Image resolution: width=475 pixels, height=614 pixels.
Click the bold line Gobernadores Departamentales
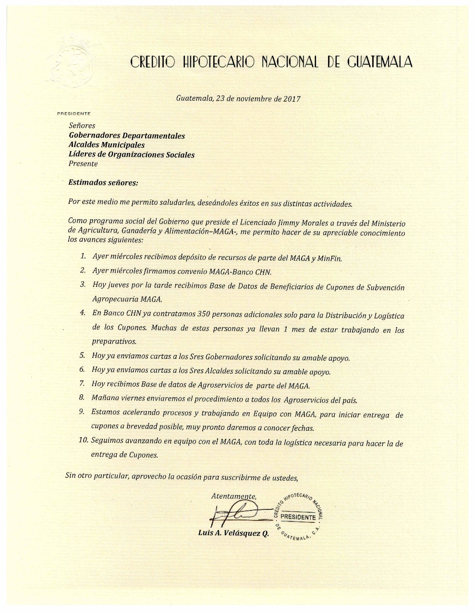pos(127,136)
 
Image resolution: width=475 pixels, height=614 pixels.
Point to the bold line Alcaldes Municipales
pos(107,145)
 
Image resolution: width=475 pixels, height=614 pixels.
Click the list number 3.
pos(83,284)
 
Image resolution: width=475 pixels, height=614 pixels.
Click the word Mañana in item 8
pos(105,399)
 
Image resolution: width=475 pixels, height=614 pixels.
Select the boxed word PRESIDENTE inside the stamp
pos(297,517)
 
